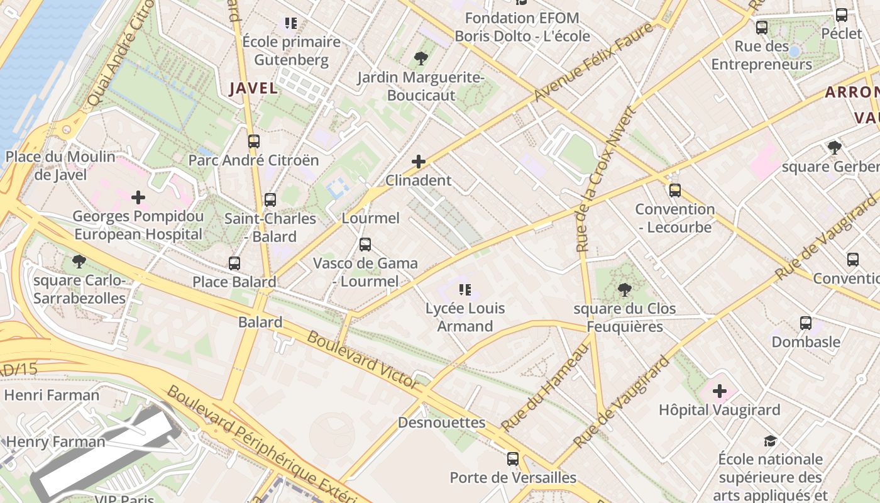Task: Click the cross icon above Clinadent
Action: tap(419, 162)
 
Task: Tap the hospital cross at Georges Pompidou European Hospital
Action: tap(138, 197)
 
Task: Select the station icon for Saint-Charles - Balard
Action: tap(270, 200)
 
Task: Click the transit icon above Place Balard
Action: tap(234, 263)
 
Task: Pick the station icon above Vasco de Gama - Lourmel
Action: tap(365, 245)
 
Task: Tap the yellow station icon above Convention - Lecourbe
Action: tap(675, 190)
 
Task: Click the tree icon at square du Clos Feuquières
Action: tap(624, 290)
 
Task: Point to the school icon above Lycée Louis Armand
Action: tap(465, 290)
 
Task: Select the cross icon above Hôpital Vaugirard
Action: tap(720, 392)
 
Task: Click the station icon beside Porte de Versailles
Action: tap(513, 459)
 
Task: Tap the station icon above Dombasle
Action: tap(806, 323)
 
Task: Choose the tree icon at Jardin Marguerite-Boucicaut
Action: tap(421, 59)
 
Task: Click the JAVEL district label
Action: tap(253, 88)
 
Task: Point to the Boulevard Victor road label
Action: tap(362, 359)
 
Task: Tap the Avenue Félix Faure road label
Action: tap(593, 62)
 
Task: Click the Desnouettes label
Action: tap(442, 423)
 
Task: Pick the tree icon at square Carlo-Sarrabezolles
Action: tap(79, 261)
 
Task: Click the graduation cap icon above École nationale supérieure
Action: tap(770, 441)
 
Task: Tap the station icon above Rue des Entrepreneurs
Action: tap(762, 28)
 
